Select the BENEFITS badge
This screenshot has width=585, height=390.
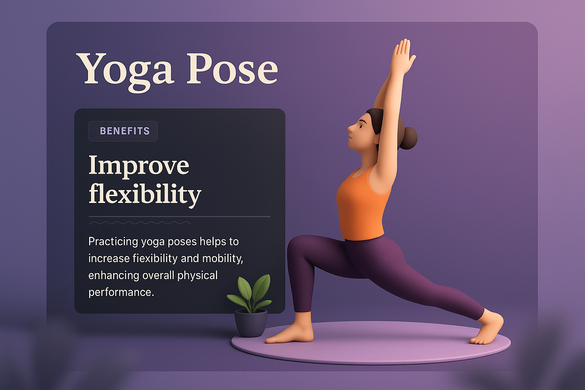click(x=123, y=131)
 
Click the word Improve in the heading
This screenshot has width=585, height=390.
click(x=139, y=166)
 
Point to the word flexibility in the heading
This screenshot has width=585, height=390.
click(x=145, y=194)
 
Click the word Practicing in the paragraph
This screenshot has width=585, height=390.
click(x=113, y=242)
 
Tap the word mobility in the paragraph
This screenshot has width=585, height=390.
click(x=222, y=259)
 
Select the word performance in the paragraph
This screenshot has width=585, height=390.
click(x=121, y=292)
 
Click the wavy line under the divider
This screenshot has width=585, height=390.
click(x=140, y=223)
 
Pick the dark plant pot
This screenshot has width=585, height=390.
click(x=251, y=323)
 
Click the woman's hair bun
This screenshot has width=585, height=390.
click(x=408, y=139)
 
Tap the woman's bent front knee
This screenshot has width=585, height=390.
click(x=296, y=251)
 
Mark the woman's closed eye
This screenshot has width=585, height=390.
click(x=362, y=126)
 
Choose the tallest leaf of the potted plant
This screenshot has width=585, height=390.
click(x=262, y=288)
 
